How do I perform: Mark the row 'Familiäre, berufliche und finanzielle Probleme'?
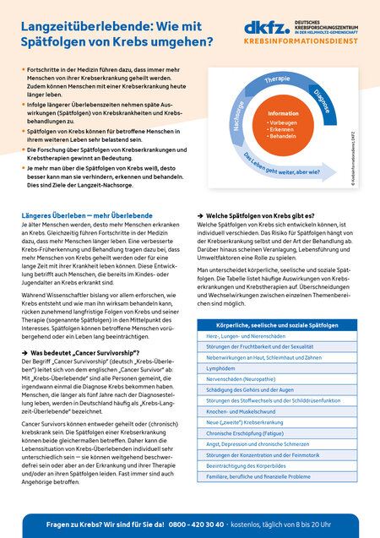[x=263, y=500]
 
